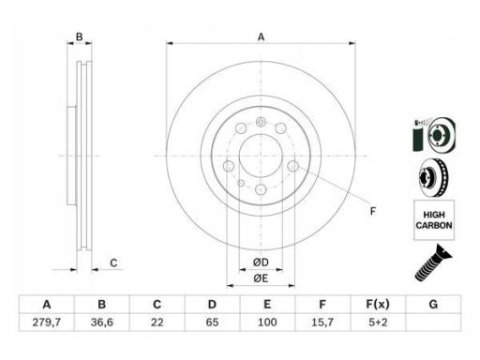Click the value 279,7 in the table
[47, 322]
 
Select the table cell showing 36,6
[102, 322]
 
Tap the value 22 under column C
[157, 322]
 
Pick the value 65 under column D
[212, 322]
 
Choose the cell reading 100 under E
[267, 322]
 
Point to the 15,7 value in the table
[322, 322]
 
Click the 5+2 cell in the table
[378, 322]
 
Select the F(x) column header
[378, 304]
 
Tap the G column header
[433, 304]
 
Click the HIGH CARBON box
[434, 220]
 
